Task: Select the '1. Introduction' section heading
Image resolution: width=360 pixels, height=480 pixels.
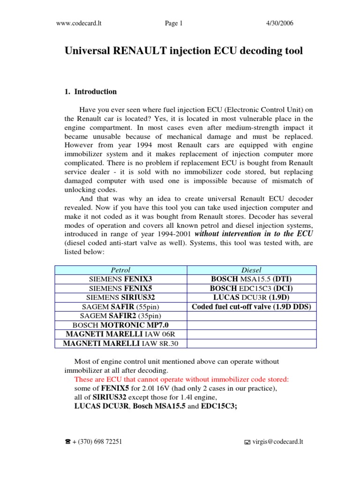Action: [90, 92]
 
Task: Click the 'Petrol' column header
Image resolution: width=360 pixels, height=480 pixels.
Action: [121, 270]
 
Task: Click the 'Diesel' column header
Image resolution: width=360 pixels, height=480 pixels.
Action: [252, 270]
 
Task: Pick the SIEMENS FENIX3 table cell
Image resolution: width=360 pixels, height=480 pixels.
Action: [121, 279]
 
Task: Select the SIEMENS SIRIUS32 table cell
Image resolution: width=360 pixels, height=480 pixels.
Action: [121, 298]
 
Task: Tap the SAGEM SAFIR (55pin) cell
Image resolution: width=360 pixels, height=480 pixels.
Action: [121, 307]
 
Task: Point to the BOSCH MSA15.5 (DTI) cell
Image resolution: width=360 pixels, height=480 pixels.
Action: [252, 279]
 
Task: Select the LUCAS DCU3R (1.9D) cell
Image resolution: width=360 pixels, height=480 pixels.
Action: [252, 298]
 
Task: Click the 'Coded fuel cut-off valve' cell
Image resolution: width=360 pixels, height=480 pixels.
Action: [252, 307]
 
